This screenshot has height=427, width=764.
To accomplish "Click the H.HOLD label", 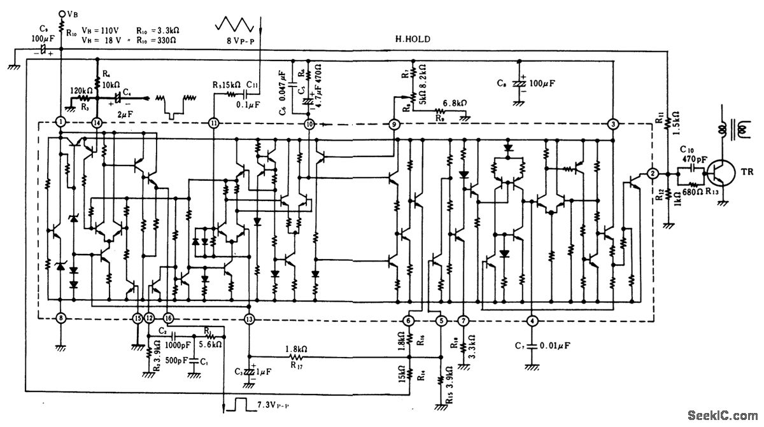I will pos(412,39).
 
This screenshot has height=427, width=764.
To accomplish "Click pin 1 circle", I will pos(60,122).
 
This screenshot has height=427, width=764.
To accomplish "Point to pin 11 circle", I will pos(213,122).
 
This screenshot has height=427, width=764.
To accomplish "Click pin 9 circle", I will pos(394,124).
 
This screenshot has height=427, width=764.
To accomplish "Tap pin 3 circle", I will pos(612,123).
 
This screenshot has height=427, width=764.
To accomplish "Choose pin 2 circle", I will pos(653,173).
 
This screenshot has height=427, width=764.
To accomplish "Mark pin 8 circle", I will pos(60,318).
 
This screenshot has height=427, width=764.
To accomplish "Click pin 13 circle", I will pos(250,319).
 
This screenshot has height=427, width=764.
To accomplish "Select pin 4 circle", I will pos(532,320).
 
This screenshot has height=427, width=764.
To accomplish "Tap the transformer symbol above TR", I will pos(733,132).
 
